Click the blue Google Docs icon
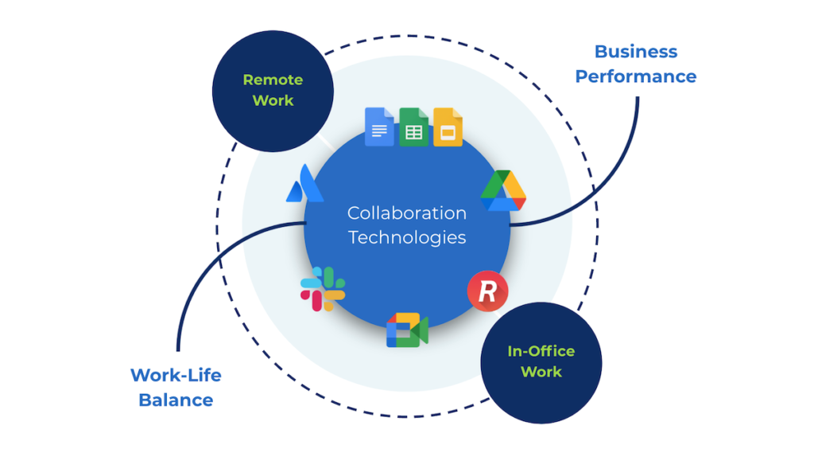pyautogui.click(x=379, y=127)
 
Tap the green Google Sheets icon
pyautogui.click(x=413, y=127)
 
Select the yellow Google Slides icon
pyautogui.click(x=448, y=127)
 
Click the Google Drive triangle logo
pyautogui.click(x=503, y=191)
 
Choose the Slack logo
pyautogui.click(x=323, y=289)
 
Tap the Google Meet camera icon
pyautogui.click(x=407, y=330)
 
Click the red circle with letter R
pyautogui.click(x=487, y=291)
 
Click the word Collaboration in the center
pyautogui.click(x=407, y=213)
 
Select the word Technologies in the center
pyautogui.click(x=407, y=237)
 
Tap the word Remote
pyautogui.click(x=273, y=80)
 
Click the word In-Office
pyautogui.click(x=541, y=351)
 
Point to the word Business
pyautogui.click(x=636, y=52)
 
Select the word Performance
pyautogui.click(x=636, y=76)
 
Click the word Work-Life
pyautogui.click(x=176, y=374)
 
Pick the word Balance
pyautogui.click(x=176, y=400)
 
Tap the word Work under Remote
pyautogui.click(x=273, y=100)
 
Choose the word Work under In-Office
pyautogui.click(x=541, y=372)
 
